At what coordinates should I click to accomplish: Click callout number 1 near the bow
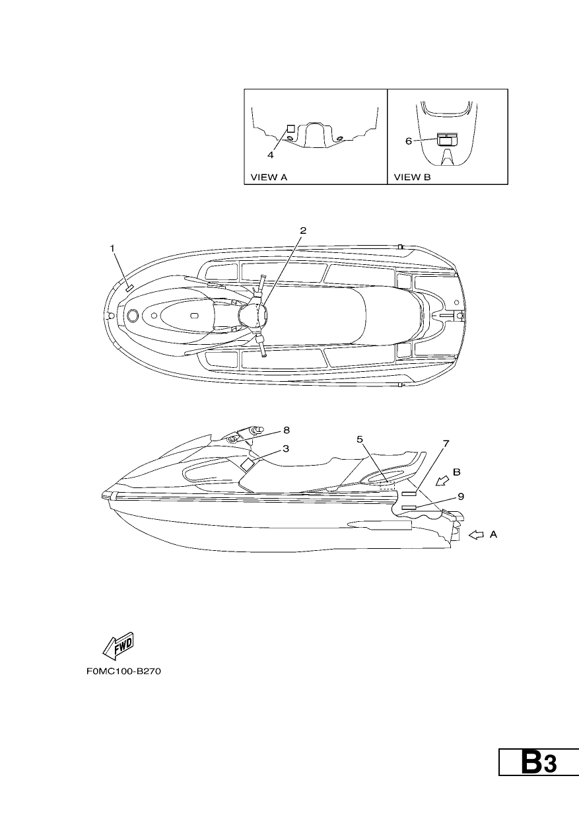tap(112, 248)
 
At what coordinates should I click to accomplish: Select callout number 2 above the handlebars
tap(303, 231)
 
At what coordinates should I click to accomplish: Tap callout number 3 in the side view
tap(286, 448)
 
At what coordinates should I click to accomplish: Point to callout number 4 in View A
tap(271, 155)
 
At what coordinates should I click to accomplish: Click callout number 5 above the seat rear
tap(360, 439)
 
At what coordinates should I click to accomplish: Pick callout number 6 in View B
tap(409, 141)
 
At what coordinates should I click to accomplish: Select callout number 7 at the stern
tap(446, 443)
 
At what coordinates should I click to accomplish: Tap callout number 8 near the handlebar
tap(287, 431)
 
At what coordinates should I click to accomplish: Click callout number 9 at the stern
tap(461, 497)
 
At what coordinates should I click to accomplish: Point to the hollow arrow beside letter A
tap(476, 535)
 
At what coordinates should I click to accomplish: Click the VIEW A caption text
tap(269, 178)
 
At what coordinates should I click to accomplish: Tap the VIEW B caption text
tap(413, 178)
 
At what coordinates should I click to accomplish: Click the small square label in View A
tap(290, 128)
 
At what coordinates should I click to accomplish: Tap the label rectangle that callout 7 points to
tap(409, 494)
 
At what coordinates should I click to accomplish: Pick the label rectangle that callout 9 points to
tap(409, 508)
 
